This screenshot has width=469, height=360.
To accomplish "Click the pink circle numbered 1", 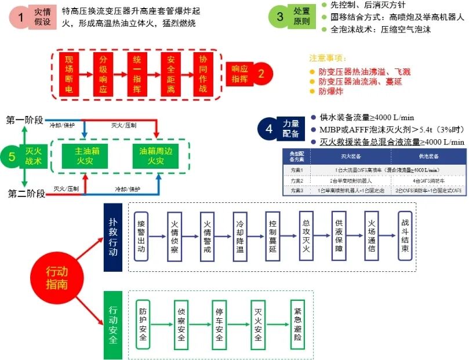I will (x=21, y=18).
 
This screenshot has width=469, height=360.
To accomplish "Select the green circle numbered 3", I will (x=280, y=17).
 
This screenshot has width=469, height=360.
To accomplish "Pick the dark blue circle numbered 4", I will (x=268, y=129).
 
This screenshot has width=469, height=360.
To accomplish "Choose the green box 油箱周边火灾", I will (x=155, y=155).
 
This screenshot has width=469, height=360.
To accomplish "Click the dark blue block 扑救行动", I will (x=112, y=237).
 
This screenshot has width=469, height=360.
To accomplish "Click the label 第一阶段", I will (x=25, y=120).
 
